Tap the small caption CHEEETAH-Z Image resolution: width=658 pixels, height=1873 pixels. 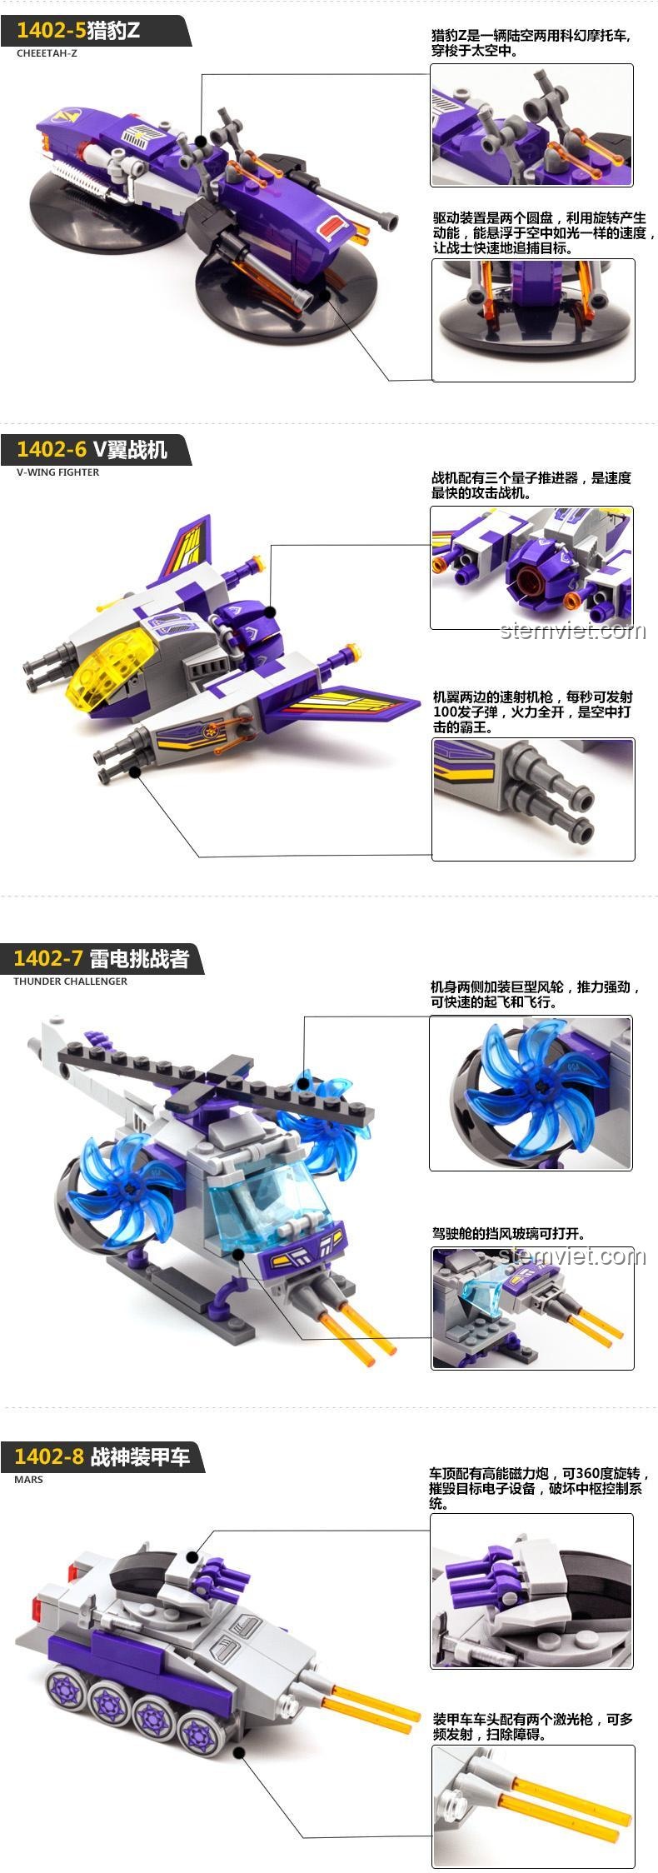pos(47,53)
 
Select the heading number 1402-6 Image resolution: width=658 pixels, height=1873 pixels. pos(52,449)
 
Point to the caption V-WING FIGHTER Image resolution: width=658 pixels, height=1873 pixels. pos(57,472)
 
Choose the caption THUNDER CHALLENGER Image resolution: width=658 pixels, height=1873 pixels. pos(71,981)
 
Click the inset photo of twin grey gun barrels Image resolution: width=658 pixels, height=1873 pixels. pos(533,798)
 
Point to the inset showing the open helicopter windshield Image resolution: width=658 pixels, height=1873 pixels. pos(532,1308)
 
